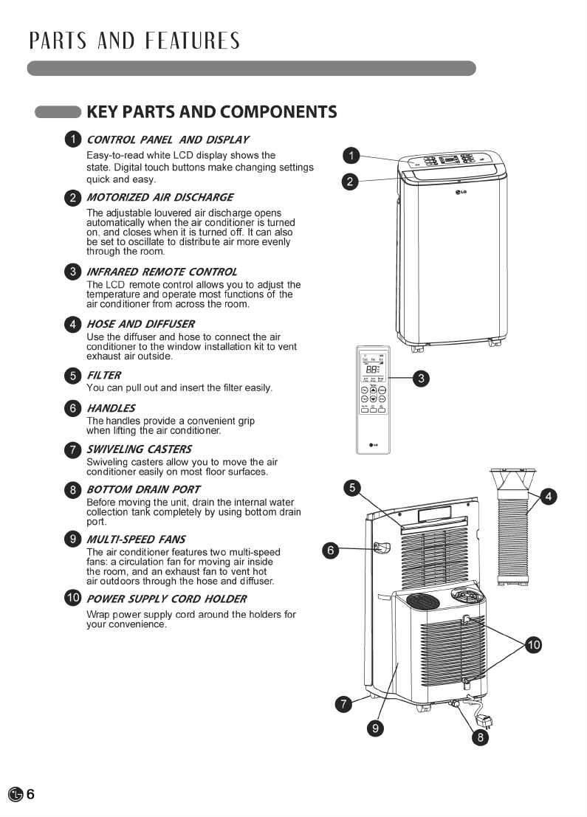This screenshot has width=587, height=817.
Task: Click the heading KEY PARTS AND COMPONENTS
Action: tap(212, 112)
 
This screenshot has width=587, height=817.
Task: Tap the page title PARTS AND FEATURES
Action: tap(134, 41)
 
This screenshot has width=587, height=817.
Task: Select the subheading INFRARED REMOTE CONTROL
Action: tap(162, 272)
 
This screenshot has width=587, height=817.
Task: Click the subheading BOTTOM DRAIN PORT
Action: tap(143, 489)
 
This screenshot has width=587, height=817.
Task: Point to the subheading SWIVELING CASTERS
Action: tap(139, 449)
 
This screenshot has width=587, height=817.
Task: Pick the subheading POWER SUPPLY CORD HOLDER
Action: tap(166, 599)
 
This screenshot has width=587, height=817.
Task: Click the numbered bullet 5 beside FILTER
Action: tap(73, 376)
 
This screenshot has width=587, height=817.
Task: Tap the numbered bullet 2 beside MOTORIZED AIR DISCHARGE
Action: tap(73, 197)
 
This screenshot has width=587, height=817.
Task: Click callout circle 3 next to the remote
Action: tap(420, 379)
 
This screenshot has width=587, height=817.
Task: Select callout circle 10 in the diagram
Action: tap(533, 645)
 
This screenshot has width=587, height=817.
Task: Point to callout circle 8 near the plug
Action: tap(480, 737)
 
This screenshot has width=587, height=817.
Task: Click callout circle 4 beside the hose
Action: tap(549, 497)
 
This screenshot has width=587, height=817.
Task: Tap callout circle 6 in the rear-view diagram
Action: tap(331, 550)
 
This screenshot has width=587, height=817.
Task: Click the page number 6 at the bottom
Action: tap(31, 794)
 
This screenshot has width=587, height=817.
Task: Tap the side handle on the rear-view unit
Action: tap(382, 547)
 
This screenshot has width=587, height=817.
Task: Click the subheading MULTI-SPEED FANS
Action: tap(136, 540)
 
